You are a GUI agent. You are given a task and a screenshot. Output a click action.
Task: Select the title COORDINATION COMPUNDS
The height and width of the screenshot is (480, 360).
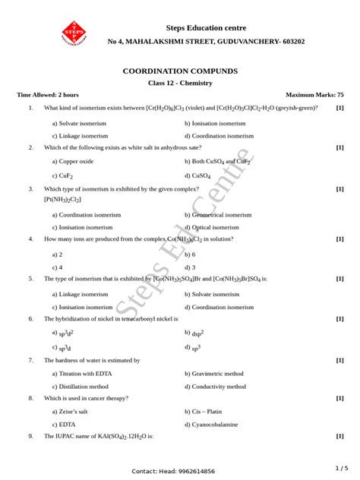coord(179,71)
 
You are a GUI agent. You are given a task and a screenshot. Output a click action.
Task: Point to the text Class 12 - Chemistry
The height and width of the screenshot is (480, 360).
coord(179,82)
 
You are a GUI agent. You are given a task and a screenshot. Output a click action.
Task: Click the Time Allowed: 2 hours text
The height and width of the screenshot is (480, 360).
coord(48,95)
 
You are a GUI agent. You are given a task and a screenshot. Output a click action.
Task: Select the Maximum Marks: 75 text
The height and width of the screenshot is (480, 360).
coord(314,95)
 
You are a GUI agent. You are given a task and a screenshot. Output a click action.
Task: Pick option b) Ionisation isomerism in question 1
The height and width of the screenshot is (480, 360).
coord(215,122)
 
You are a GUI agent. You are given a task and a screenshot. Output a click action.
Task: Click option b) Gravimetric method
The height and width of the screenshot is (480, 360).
coord(214,374)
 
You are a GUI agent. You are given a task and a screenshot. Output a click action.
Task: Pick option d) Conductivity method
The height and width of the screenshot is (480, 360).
coord(215,386)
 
